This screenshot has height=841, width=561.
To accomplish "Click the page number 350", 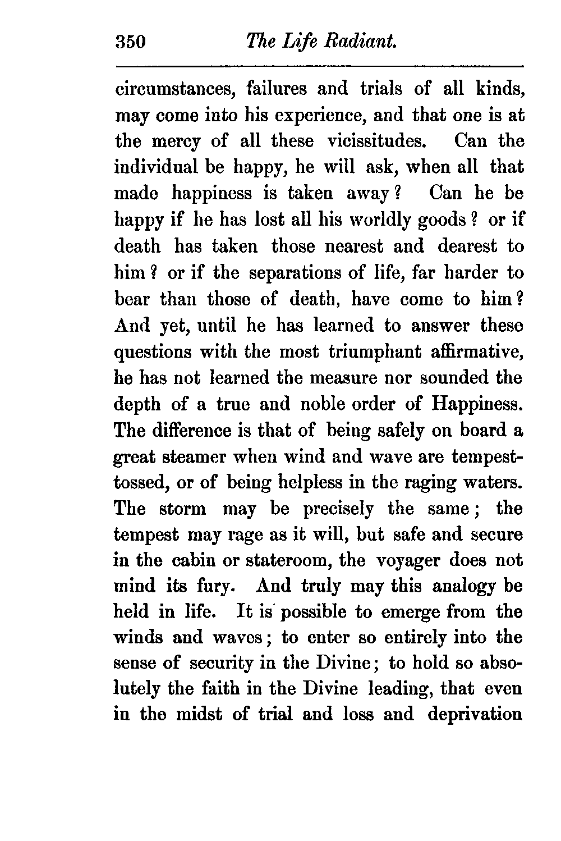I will (130, 42).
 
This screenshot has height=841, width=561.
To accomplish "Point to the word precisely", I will (338, 509).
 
